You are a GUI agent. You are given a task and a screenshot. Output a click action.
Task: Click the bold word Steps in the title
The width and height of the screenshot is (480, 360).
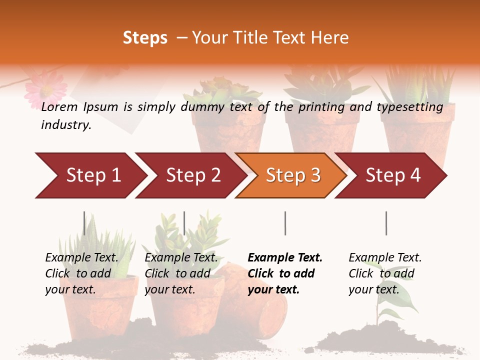coord(145,38)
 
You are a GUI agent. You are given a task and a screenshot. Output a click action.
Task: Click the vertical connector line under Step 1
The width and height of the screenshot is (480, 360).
coord(84,223)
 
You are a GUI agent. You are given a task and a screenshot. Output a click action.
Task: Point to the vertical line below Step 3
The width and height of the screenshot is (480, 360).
coord(285,223)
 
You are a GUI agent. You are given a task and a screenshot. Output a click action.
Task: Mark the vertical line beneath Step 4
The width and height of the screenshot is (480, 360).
coord(386,223)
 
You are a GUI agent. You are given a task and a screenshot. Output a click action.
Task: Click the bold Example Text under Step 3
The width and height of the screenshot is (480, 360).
coord(285,258)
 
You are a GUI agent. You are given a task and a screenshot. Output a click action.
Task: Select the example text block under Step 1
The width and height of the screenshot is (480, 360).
coord(81,273)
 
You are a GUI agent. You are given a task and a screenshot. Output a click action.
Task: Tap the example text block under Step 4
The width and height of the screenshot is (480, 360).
coord(385,273)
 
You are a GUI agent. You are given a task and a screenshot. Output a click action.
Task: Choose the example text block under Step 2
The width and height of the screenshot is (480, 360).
coord(181,273)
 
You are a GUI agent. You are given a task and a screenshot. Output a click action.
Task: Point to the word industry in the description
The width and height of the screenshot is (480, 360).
coord(65,125)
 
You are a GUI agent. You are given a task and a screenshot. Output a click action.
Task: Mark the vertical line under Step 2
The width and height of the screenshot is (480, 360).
coord(184,223)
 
